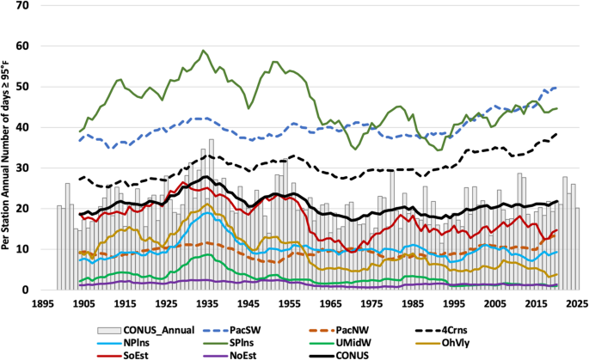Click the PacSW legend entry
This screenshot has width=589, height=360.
[x=232, y=330]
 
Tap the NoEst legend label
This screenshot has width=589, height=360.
[x=243, y=355]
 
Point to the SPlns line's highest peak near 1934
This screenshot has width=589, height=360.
[x=203, y=50]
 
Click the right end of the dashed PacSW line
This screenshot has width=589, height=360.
[x=556, y=87]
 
